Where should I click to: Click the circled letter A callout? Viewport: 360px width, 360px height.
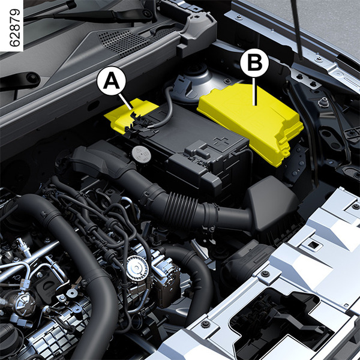point(112,80)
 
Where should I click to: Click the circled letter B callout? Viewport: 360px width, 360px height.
point(254,62)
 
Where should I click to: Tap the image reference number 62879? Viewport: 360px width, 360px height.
point(14,28)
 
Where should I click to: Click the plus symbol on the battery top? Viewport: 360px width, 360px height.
point(221,142)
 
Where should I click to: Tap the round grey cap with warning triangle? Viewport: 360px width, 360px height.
point(141,154)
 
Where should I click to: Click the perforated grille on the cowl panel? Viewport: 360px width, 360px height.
point(123,42)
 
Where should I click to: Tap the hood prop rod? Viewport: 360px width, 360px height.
point(296,30)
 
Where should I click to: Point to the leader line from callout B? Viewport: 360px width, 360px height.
point(254,91)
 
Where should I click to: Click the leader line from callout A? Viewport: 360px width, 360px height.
point(125,102)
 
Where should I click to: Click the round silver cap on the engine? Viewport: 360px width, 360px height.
point(137,268)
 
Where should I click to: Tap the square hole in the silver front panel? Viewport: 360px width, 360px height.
point(313,245)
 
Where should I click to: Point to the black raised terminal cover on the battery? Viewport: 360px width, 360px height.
point(197,149)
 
